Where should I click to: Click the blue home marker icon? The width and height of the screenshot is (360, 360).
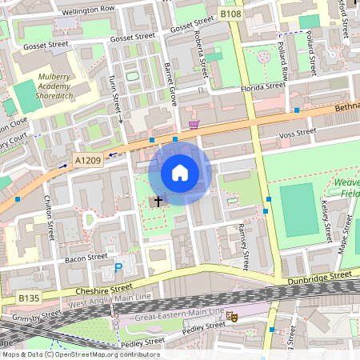[180, 173]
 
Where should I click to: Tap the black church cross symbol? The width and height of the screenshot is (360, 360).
[158, 201]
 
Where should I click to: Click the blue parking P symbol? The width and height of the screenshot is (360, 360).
[119, 268]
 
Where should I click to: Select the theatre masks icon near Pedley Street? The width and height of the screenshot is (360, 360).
[232, 317]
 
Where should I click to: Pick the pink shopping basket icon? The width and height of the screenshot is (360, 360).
[194, 124]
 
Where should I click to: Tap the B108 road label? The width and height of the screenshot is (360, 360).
[230, 14]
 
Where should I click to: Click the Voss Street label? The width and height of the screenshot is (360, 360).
[300, 135]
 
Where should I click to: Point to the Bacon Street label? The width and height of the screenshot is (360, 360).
[86, 258]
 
